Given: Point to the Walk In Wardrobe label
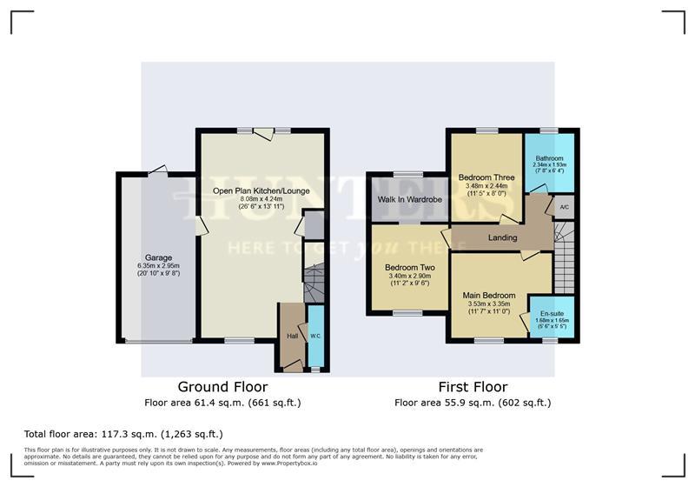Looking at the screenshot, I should tap(409, 200).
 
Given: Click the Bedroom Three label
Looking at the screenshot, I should tap(486, 177).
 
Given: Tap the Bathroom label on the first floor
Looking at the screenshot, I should tap(550, 158).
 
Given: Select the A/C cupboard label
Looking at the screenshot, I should tap(564, 207).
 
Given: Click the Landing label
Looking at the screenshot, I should tap(502, 237).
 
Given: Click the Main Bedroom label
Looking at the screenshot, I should tap(493, 295).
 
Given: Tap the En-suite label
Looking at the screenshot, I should tap(550, 313).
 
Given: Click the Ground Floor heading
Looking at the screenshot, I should tap(222, 387).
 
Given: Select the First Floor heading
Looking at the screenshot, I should tap(473, 387).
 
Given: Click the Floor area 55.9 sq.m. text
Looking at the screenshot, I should tap(473, 403).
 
